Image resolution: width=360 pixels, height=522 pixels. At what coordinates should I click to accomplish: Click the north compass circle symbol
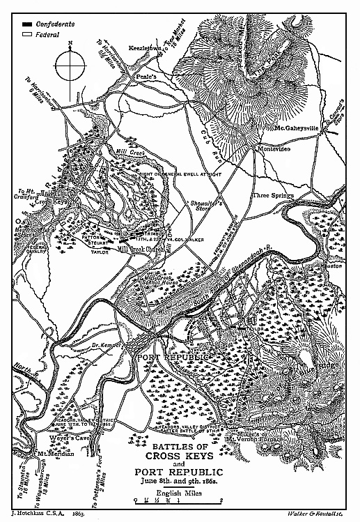tap(70, 69)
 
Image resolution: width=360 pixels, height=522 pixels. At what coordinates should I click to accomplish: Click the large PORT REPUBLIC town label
tap(173, 358)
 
